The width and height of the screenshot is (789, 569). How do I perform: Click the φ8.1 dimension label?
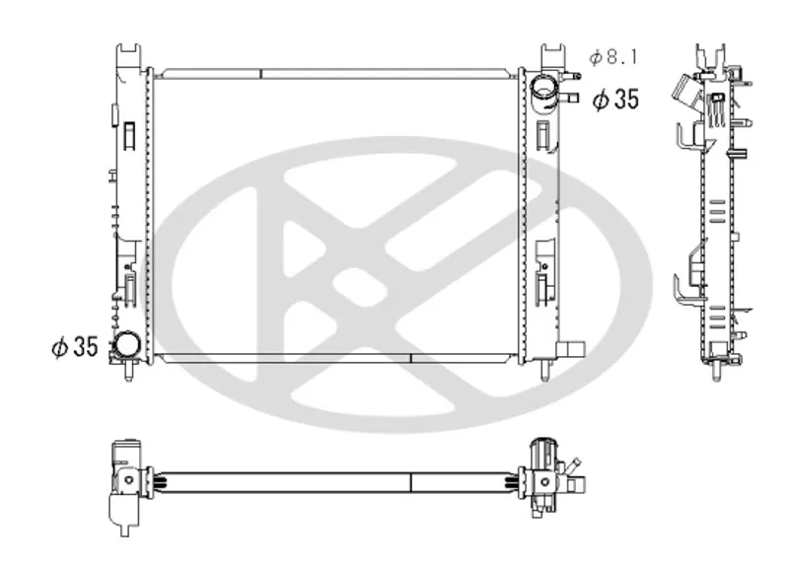613,57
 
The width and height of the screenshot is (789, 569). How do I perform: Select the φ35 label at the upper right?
615,100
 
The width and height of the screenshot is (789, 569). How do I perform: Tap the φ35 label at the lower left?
75,347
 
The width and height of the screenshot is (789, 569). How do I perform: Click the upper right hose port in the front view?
544,93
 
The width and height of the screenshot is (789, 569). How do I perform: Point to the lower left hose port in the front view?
126,345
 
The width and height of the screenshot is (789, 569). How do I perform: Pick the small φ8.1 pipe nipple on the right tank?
573,77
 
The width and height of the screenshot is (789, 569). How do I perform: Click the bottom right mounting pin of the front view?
545,370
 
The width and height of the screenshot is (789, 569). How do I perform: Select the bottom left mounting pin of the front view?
129,370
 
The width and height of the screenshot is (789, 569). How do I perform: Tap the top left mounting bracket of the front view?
129,56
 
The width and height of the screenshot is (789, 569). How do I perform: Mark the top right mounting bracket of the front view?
553,56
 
